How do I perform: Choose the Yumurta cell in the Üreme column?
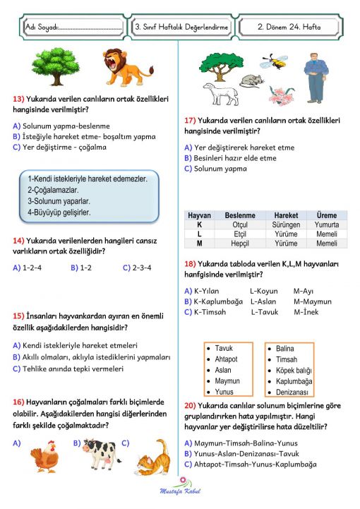point(327,225)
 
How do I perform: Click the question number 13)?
point(20,100)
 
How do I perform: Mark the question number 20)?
point(190,406)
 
